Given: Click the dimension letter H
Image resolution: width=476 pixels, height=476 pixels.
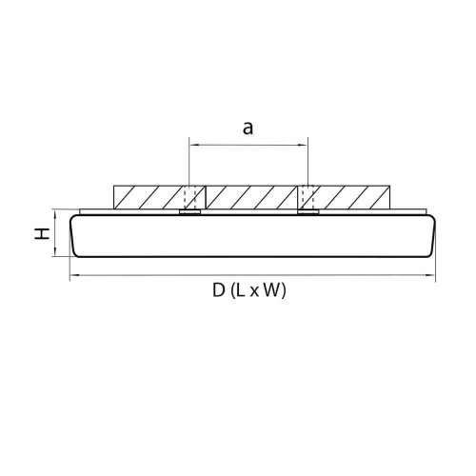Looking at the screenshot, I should (44, 233).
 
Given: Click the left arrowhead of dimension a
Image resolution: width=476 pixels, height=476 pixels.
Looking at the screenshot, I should (193, 145).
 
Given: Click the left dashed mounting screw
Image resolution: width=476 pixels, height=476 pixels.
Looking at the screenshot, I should (190, 199).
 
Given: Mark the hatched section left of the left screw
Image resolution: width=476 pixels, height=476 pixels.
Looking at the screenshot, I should (148, 197).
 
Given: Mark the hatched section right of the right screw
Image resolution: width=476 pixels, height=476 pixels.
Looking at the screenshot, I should (347, 197).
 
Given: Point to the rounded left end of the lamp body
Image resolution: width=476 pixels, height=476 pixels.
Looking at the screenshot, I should (74, 235).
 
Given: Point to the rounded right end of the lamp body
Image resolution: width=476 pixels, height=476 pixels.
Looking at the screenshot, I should (433, 235).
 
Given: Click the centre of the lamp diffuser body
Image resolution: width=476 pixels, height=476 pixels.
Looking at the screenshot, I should (253, 236).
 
